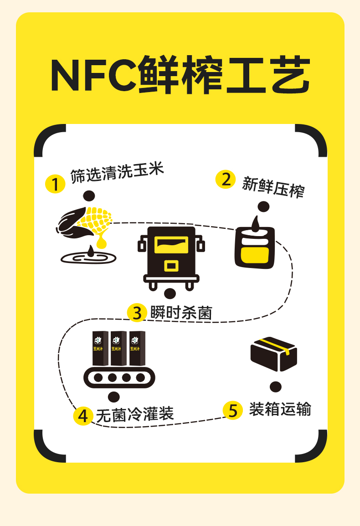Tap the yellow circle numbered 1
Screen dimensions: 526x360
[55, 184]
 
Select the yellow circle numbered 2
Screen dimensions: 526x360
[225, 179]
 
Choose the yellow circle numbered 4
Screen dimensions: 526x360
[83, 416]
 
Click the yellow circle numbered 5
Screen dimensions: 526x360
[232, 410]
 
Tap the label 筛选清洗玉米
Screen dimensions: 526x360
[117, 173]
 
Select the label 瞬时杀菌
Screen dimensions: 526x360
[181, 313]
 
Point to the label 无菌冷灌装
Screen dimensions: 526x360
[135, 415]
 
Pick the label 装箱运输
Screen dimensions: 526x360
[280, 409]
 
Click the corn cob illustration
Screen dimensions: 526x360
[87, 222]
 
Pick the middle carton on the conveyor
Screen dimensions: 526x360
[118, 349]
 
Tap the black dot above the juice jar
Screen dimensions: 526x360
[263, 207]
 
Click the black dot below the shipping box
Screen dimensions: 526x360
[275, 387]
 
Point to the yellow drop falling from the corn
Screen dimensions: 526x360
[101, 242]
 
